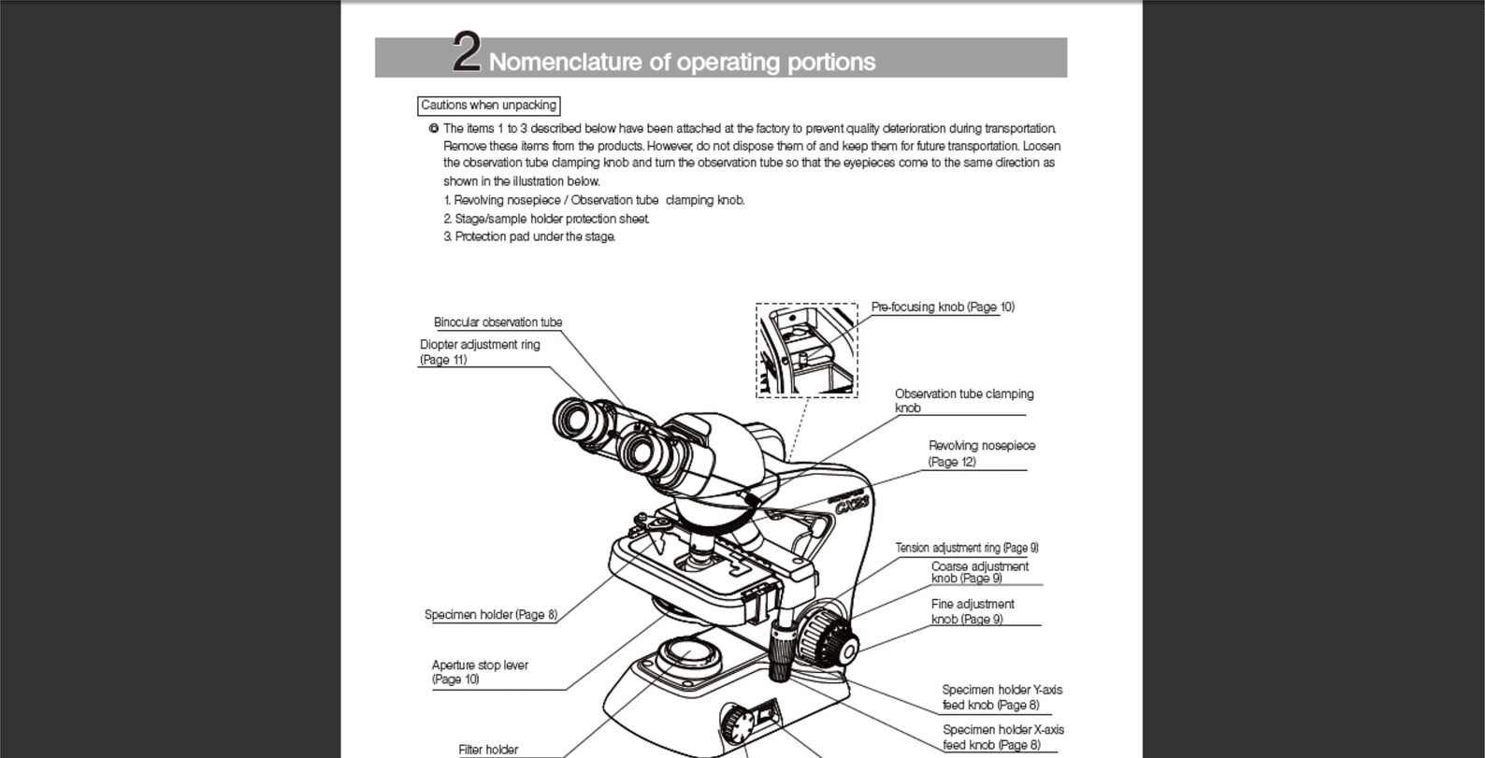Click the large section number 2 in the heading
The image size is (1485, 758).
pyautogui.click(x=467, y=52)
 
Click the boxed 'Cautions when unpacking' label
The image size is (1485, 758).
pyautogui.click(x=488, y=106)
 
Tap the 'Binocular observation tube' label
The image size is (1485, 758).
pyautogui.click(x=497, y=322)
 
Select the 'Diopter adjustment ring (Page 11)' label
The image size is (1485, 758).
pyautogui.click(x=480, y=351)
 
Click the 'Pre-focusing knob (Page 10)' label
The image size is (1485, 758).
pyautogui.click(x=943, y=307)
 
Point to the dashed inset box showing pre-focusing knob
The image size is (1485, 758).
pyautogui.click(x=806, y=350)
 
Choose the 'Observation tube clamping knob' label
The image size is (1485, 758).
pyautogui.click(x=963, y=400)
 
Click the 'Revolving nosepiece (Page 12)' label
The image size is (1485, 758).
pyautogui.click(x=981, y=453)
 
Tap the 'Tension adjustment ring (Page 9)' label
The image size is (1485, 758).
pyautogui.click(x=966, y=548)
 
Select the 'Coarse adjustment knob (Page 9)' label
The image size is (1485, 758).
pyautogui.click(x=979, y=572)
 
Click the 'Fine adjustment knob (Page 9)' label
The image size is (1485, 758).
pyautogui.click(x=972, y=611)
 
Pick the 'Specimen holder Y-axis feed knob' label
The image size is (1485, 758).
pyautogui.click(x=1001, y=697)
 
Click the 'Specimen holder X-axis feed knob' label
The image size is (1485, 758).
pyautogui.click(x=1002, y=737)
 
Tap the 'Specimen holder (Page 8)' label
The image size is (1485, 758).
pyautogui.click(x=490, y=615)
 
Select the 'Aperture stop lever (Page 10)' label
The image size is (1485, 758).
pyautogui.click(x=479, y=672)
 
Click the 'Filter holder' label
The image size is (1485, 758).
pyautogui.click(x=487, y=749)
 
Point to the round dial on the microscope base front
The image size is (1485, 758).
pyautogui.click(x=736, y=725)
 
